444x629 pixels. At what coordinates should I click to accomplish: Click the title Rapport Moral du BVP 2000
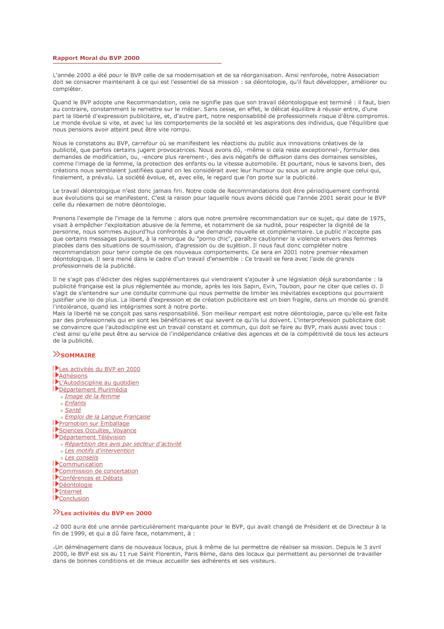96,58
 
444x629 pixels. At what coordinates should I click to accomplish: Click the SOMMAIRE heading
78,355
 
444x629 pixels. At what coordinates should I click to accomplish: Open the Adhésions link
73,376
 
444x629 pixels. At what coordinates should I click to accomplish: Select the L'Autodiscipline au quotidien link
99,383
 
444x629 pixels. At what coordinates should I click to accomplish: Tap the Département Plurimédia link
93,390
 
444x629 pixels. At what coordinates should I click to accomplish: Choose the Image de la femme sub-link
92,396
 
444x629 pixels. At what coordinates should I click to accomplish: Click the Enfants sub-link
75,403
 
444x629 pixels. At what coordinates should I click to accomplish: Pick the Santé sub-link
73,410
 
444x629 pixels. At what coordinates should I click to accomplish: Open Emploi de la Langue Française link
108,417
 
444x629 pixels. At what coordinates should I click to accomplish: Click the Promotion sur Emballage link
94,423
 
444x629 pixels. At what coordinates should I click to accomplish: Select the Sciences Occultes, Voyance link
98,430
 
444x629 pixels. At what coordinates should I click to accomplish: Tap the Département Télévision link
92,437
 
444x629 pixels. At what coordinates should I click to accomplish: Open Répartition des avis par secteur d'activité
123,444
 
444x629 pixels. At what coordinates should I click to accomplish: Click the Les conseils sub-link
82,458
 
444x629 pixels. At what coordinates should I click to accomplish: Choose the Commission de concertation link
99,471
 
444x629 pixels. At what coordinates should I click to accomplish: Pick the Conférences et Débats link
91,478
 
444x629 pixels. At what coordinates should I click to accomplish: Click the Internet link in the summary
70,491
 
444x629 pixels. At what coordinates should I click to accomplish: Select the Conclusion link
74,498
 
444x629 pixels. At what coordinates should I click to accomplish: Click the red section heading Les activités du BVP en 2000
106,513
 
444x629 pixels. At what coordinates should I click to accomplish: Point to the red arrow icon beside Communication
57,463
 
